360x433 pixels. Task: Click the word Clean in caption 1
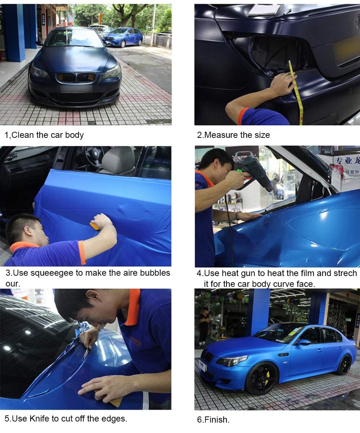23,135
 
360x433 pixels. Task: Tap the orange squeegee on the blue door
95,226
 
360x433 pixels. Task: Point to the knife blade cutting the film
86,354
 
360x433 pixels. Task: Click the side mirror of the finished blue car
304,342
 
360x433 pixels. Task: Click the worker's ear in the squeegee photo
28,231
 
